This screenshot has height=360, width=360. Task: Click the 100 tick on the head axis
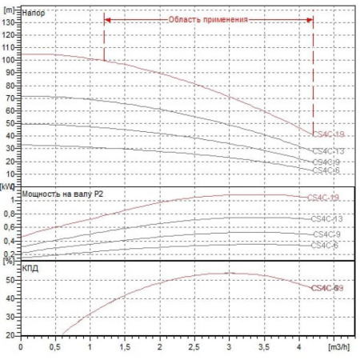[10, 59]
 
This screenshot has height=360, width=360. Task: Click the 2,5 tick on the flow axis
[194, 348]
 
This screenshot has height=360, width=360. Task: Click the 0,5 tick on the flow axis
[55, 348]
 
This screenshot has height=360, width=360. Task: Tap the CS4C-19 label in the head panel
[328, 134]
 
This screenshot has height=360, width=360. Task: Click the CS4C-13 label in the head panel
[328, 150]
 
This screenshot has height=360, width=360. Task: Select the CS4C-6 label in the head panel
[326, 170]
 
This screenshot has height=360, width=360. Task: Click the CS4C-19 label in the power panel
[323, 197]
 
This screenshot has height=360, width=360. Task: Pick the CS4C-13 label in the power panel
[327, 219]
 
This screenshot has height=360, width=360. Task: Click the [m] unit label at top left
[10, 6]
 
